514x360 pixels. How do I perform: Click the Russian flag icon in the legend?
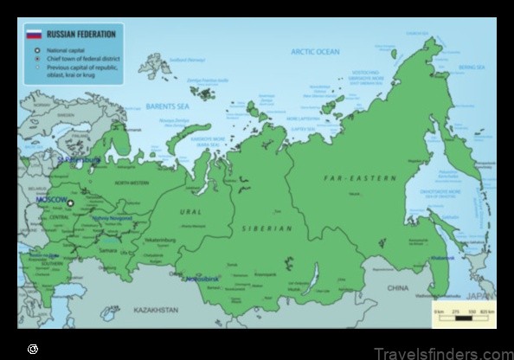[x=34, y=34]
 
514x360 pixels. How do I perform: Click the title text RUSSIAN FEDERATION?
[x=74, y=34]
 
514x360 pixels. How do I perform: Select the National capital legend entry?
[x=60, y=50]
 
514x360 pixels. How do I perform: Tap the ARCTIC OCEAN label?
[x=315, y=52]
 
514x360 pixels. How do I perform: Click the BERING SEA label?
[x=472, y=65]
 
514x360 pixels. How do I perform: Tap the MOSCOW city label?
[x=50, y=199]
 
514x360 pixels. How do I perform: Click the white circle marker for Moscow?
[x=71, y=204]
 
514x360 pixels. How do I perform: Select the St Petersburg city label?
[x=78, y=160]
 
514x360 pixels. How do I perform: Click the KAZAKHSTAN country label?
[x=157, y=309]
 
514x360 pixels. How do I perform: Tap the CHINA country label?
[x=397, y=287]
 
